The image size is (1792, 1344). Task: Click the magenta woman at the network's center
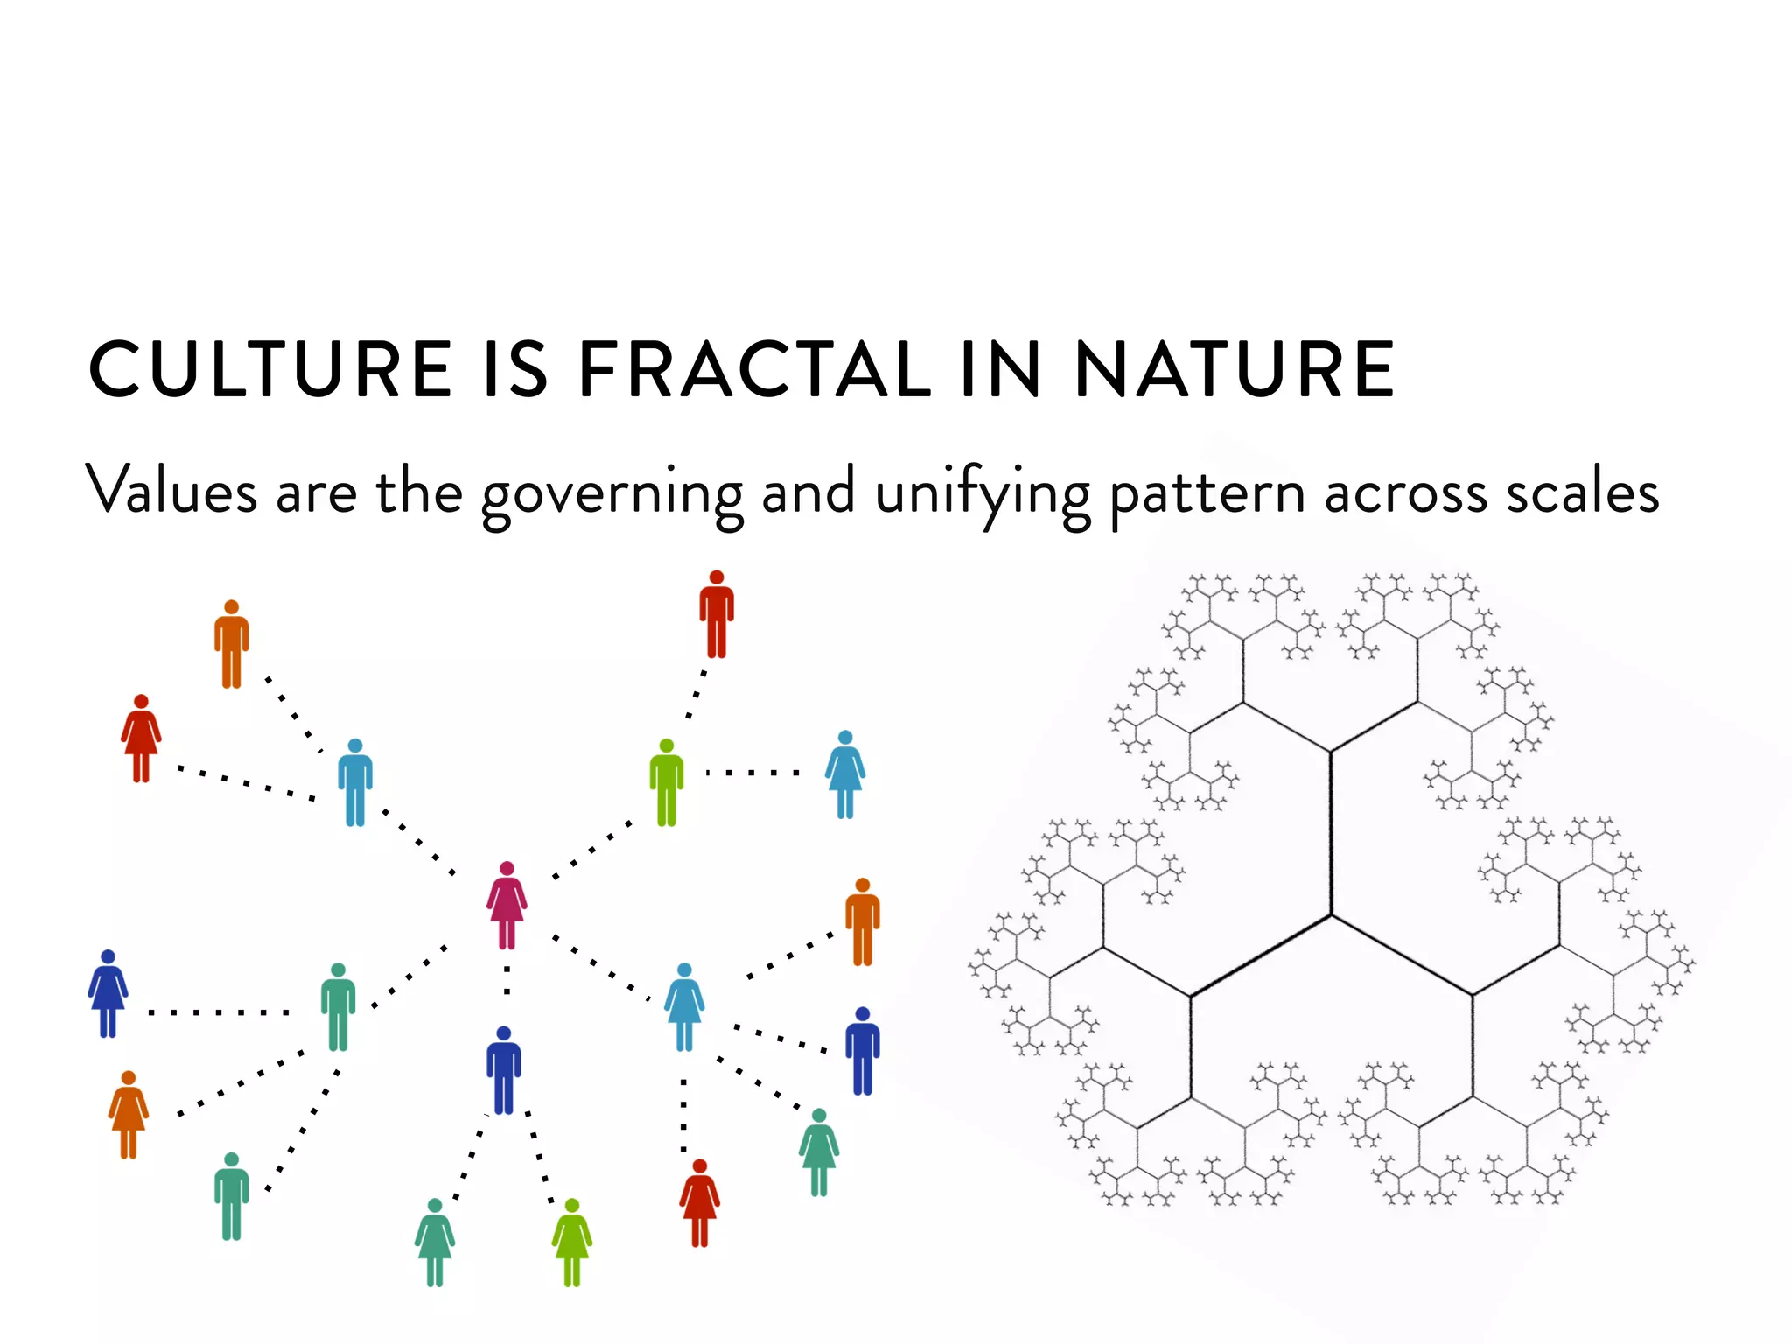click(507, 906)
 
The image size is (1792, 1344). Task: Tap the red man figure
click(717, 614)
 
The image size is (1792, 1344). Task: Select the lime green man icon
click(666, 782)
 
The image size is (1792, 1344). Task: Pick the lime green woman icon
click(571, 1242)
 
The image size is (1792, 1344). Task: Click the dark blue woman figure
click(108, 994)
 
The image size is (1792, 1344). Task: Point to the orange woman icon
click(129, 1115)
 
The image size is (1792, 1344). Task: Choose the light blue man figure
click(354, 782)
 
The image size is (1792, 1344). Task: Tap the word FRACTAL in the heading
click(756, 370)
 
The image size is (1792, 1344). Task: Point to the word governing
click(612, 494)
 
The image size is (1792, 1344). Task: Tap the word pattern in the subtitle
click(1207, 494)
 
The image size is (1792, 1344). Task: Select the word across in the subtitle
click(1405, 494)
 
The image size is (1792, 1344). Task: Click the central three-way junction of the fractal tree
click(1331, 915)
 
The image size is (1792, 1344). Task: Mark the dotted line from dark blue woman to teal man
click(219, 1012)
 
